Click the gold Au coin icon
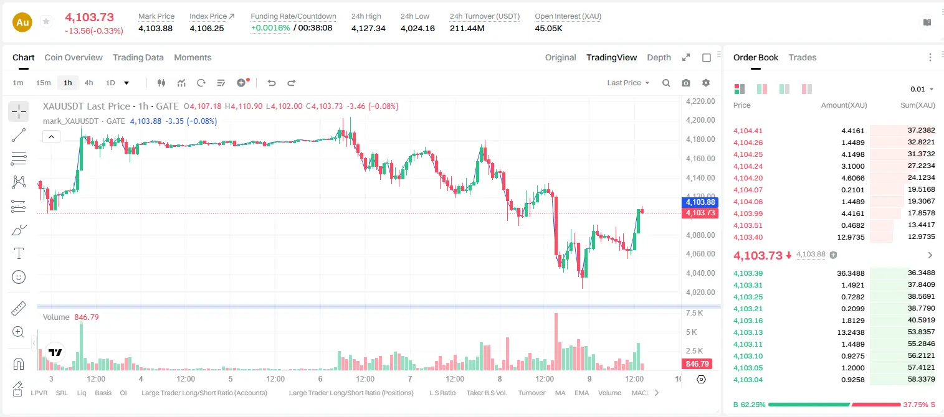[x=22, y=22]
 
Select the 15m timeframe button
[x=43, y=83]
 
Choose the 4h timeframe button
[x=88, y=83]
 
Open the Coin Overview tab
[x=74, y=57]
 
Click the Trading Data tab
[x=138, y=57]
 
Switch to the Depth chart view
[x=659, y=57]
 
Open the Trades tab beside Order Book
[x=802, y=57]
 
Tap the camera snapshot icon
[x=686, y=83]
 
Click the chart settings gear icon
[x=706, y=83]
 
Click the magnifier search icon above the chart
[x=666, y=83]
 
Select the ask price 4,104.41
[x=748, y=131]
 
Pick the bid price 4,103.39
[x=748, y=273]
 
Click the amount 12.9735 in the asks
[x=851, y=237]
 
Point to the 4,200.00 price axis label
[x=700, y=120]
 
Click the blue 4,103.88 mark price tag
[x=700, y=202]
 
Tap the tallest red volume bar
[x=556, y=342]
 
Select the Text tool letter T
[x=19, y=253]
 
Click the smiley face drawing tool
[x=19, y=277]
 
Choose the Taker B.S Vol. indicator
[x=486, y=393]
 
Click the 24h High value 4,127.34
[x=368, y=28]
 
